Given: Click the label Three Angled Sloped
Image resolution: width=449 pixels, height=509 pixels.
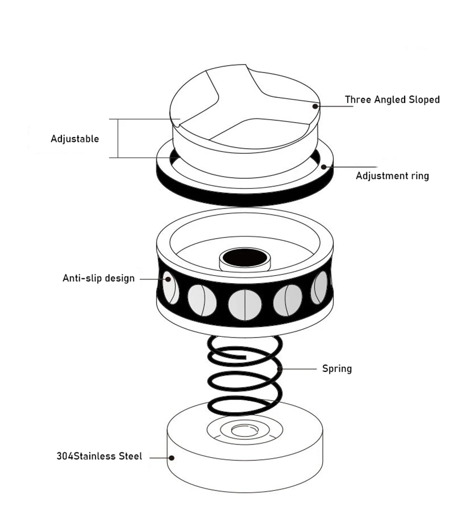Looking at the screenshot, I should click(392, 99).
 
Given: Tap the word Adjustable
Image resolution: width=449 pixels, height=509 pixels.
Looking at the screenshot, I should click(74, 139).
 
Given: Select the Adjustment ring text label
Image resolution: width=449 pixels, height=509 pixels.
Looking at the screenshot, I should click(392, 176).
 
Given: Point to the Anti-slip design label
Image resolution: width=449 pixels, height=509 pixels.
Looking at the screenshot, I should click(99, 278).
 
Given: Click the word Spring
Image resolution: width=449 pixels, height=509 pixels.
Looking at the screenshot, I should click(337, 368).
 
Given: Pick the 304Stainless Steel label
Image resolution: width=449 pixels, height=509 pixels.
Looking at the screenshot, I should click(99, 456).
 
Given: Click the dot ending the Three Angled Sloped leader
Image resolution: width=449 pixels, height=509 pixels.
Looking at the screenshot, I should click(315, 106).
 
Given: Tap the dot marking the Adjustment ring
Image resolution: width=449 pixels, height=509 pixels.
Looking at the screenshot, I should click(324, 167).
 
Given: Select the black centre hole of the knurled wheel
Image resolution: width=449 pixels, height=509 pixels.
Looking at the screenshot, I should click(245, 258).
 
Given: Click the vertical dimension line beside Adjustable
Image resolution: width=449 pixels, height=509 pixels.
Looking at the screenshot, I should click(117, 138).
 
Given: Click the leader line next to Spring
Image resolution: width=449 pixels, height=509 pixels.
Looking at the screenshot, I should click(298, 369).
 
